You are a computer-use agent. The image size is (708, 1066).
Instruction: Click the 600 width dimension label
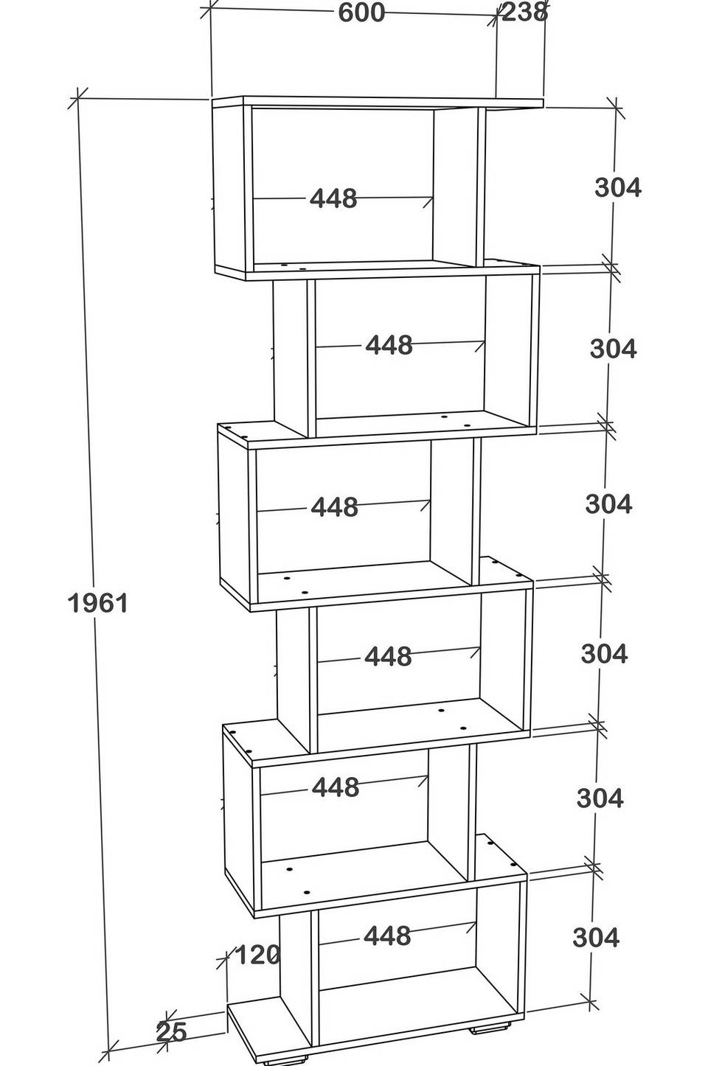point(361,12)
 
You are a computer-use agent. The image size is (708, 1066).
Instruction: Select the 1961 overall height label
point(97,604)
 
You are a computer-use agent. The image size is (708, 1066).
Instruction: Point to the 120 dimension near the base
point(257,954)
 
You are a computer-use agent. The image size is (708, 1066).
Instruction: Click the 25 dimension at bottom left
point(171,1032)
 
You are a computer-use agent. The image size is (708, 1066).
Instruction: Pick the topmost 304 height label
point(618,187)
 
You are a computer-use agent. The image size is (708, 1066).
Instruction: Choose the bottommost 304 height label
point(596,938)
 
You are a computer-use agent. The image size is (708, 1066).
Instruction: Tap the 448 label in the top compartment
point(333,198)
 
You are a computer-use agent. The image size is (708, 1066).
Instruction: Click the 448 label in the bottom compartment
point(387,936)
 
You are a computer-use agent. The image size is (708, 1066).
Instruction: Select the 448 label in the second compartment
point(389,345)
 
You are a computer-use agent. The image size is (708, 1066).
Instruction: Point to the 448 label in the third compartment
point(334,507)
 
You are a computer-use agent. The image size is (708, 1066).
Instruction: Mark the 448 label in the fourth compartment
point(388,656)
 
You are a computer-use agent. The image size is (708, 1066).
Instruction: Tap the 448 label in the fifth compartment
point(335,787)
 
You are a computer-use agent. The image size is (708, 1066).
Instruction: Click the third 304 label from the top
point(608,504)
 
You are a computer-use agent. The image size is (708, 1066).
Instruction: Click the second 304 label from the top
point(614,349)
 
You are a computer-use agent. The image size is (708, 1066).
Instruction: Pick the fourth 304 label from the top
point(604,653)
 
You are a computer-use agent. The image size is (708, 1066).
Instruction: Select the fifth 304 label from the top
point(600,798)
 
